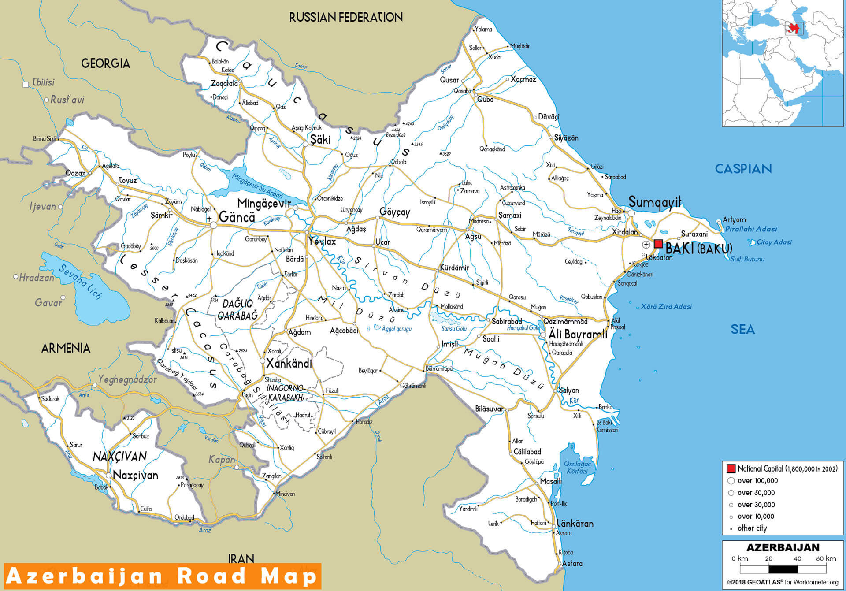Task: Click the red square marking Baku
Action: [658, 244]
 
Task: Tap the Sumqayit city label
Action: [654, 202]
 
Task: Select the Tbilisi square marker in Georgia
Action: [26, 85]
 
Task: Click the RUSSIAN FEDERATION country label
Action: [346, 17]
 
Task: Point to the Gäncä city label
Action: [237, 217]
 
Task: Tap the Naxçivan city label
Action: [135, 475]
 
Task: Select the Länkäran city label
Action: [575, 524]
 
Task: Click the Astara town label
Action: [572, 563]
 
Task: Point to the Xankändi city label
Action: [289, 364]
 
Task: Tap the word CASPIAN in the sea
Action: [743, 169]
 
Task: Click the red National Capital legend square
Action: [731, 468]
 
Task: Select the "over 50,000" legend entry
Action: [756, 493]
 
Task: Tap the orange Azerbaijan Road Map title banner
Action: [163, 576]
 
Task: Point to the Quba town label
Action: [485, 100]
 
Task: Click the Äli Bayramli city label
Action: [578, 335]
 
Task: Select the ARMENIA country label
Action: [66, 348]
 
